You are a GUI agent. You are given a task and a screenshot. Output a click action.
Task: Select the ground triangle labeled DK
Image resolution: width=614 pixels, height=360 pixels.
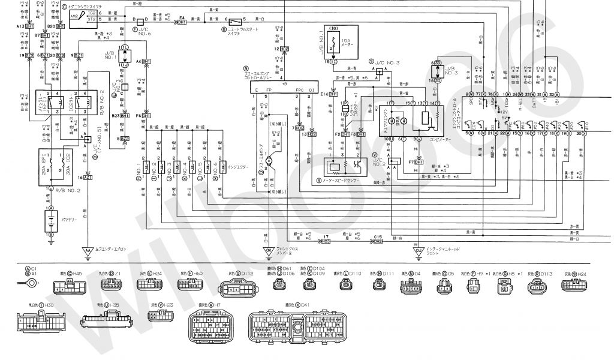click(x=269, y=250)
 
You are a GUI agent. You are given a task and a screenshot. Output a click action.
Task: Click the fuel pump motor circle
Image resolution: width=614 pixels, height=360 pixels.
click(x=270, y=160)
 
